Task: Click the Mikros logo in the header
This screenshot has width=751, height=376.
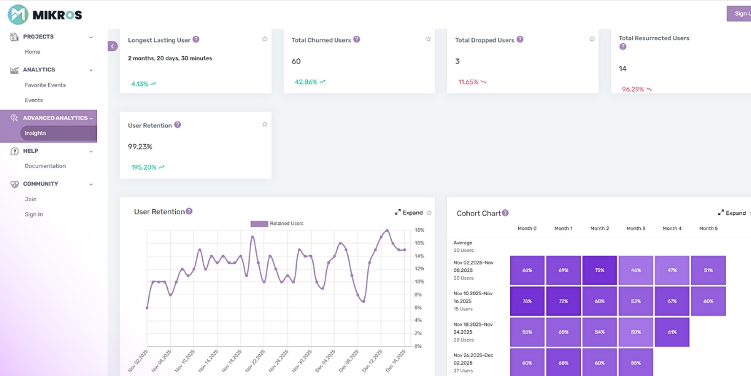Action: [44, 14]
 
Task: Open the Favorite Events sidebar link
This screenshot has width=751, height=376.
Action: [45, 85]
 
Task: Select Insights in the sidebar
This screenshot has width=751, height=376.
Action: [35, 133]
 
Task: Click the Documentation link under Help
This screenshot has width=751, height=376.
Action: [45, 166]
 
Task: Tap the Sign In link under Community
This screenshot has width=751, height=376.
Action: [34, 214]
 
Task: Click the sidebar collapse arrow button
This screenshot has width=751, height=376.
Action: [113, 46]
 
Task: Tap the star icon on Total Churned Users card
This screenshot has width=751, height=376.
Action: [428, 39]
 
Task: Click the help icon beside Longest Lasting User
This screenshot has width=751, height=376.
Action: [196, 39]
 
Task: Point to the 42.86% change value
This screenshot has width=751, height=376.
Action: [306, 82]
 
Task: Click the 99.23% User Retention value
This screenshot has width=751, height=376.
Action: [140, 147]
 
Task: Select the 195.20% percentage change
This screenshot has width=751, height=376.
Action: [143, 167]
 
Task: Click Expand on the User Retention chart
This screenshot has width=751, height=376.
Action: [409, 213]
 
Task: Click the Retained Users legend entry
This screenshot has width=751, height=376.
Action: [277, 223]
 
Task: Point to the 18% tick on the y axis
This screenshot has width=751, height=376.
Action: [419, 230]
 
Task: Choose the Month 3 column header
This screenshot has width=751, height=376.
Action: [635, 229]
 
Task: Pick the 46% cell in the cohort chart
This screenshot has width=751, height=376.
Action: [636, 270]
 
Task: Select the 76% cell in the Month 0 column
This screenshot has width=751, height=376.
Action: [527, 301]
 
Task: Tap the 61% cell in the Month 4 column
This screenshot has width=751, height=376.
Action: [672, 332]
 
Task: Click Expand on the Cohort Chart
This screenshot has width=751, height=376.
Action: [732, 213]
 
